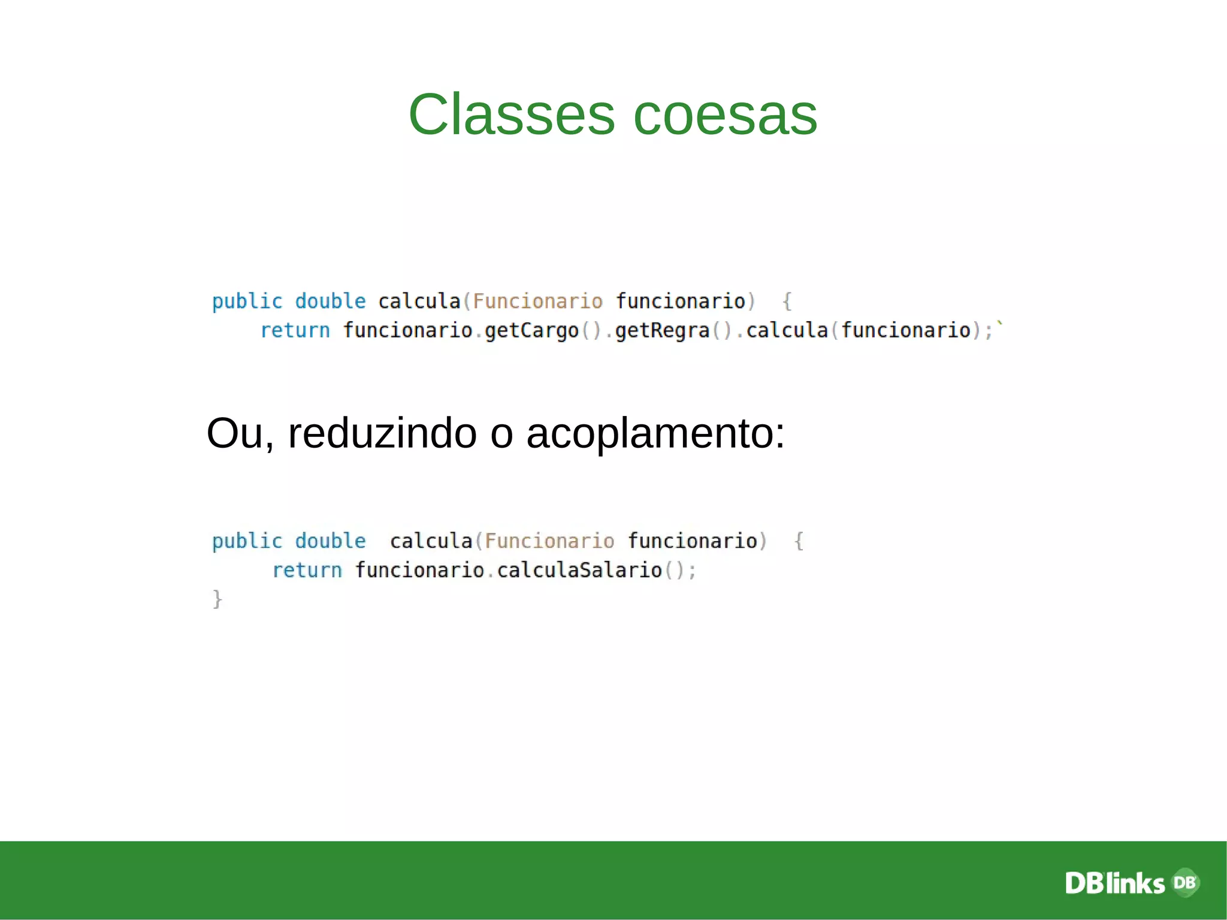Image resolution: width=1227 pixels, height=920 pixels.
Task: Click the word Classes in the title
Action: pos(511,114)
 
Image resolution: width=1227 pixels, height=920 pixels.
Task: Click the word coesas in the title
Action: pos(725,114)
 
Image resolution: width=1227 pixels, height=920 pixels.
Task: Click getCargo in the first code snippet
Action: pos(531,331)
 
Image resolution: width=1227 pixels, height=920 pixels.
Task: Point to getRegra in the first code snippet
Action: pos(662,331)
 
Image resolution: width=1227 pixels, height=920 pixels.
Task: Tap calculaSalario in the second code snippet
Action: pos(579,570)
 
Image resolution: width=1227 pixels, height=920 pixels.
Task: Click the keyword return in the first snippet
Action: pos(295,331)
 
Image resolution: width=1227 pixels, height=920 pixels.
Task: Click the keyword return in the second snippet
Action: pos(307,570)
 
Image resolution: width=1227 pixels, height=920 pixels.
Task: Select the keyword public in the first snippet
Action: pos(247,301)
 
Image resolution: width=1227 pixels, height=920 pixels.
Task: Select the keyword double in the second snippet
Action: pos(330,541)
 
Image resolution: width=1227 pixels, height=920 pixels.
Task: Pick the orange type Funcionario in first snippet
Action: pos(537,301)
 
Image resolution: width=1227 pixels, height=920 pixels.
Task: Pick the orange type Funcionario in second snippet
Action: pos(549,541)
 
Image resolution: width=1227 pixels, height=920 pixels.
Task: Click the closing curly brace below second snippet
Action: pos(217,599)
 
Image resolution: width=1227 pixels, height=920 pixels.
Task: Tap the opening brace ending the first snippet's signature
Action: pos(787,301)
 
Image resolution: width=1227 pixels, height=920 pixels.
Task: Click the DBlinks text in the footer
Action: pos(1114,883)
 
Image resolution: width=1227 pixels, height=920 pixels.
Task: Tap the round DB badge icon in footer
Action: pos(1185,882)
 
